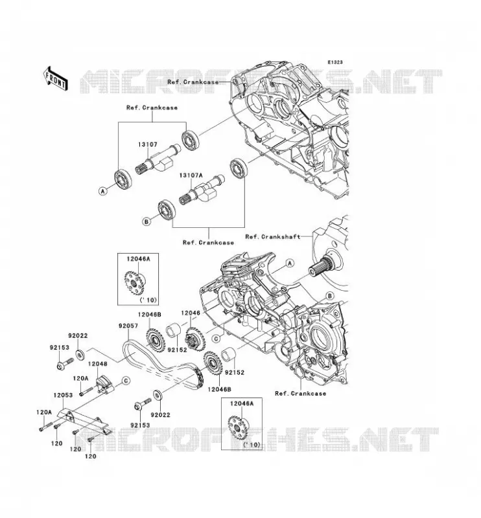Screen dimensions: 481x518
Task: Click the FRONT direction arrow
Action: pos(55,78)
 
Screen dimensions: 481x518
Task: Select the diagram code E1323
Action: pos(335,62)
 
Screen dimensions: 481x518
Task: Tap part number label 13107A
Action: pos(191,175)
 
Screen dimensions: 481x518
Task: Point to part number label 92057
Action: pos(128,326)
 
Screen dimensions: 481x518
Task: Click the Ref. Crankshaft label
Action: pos(273,236)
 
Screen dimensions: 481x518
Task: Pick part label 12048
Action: pos(98,364)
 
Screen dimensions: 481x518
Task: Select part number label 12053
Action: pos(63,395)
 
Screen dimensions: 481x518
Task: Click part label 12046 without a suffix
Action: pos(191,313)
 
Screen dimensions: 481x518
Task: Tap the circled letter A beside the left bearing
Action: pos(103,191)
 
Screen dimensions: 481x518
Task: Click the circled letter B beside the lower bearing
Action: pos(147,221)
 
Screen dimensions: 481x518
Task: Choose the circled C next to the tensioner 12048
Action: pos(126,381)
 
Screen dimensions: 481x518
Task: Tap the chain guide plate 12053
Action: pos(84,420)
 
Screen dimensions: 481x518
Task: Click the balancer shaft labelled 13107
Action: pos(158,159)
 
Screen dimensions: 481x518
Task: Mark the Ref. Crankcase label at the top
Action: pos(193,82)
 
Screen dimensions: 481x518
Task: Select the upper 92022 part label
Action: pos(78,335)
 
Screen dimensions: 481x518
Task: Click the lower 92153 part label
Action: pos(140,425)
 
